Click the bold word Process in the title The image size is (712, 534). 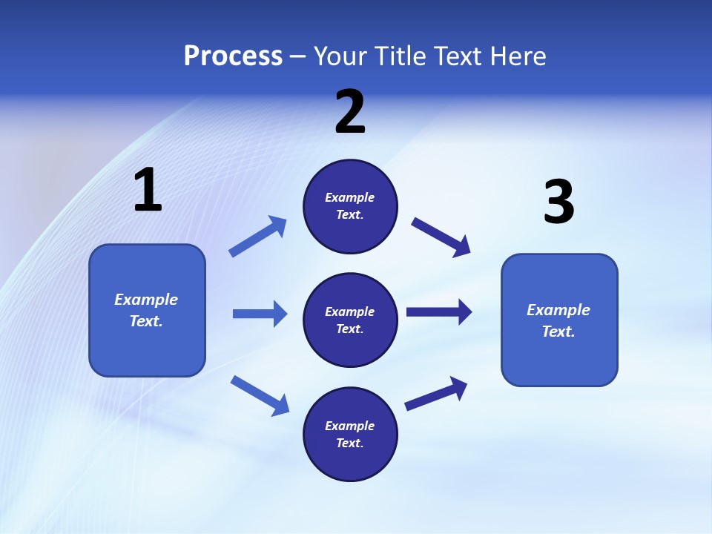click(x=233, y=56)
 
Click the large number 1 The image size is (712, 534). click(x=148, y=190)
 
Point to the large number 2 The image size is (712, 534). click(x=350, y=113)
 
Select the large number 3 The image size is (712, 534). click(x=558, y=202)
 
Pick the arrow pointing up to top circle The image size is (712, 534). click(x=258, y=237)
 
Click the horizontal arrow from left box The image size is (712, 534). click(x=260, y=314)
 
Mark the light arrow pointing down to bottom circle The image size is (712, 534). click(x=260, y=395)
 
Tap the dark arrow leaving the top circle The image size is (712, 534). click(x=441, y=237)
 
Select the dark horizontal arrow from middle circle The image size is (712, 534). click(x=439, y=312)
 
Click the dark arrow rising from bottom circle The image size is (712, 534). click(x=436, y=394)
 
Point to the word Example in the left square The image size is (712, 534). click(x=146, y=300)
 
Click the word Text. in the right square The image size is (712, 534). click(x=558, y=332)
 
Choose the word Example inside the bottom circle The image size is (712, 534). click(x=349, y=426)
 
